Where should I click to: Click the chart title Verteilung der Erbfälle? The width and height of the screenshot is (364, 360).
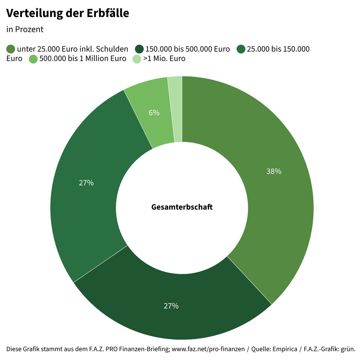(68, 14)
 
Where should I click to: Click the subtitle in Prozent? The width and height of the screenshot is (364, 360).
(25, 30)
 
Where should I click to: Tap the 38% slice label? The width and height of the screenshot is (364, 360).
(274, 171)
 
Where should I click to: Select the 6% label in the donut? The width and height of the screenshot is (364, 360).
(154, 113)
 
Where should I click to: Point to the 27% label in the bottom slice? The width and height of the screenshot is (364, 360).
(171, 306)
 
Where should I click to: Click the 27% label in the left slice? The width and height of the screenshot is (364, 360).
(86, 183)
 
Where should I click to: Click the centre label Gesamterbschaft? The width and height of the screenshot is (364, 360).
(182, 207)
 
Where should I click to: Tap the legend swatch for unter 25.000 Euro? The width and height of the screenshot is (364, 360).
(11, 49)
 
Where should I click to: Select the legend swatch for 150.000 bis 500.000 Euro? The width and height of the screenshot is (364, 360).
(139, 49)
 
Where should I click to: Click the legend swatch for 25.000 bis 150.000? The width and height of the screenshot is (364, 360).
(241, 49)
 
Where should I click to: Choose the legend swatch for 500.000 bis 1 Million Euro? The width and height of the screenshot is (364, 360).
(33, 59)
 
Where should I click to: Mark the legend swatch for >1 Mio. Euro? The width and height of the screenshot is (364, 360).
(137, 59)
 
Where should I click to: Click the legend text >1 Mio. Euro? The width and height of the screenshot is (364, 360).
(164, 59)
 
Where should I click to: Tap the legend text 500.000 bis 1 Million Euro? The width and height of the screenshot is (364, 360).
(83, 59)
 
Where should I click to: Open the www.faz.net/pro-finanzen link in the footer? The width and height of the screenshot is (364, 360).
(208, 349)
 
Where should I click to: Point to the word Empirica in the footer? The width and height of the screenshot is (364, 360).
(285, 349)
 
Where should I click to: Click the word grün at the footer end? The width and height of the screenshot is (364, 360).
(348, 349)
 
